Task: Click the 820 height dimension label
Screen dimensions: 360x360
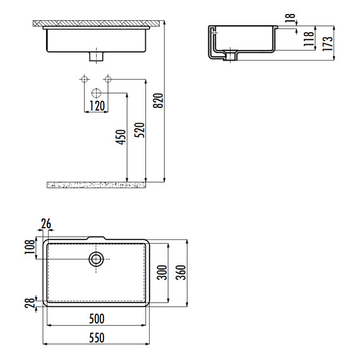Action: [158, 100]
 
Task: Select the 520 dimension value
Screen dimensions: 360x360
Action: [140, 130]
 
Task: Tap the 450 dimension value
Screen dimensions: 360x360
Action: [121, 137]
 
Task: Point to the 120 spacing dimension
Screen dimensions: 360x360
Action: [97, 106]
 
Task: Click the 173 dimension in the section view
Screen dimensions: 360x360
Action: [328, 44]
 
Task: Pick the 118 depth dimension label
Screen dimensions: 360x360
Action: [309, 39]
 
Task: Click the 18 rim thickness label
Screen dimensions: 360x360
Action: [290, 18]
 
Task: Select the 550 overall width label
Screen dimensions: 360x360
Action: [97, 337]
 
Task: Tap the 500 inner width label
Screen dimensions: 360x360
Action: [97, 319]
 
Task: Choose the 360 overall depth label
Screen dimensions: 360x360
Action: [181, 272]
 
